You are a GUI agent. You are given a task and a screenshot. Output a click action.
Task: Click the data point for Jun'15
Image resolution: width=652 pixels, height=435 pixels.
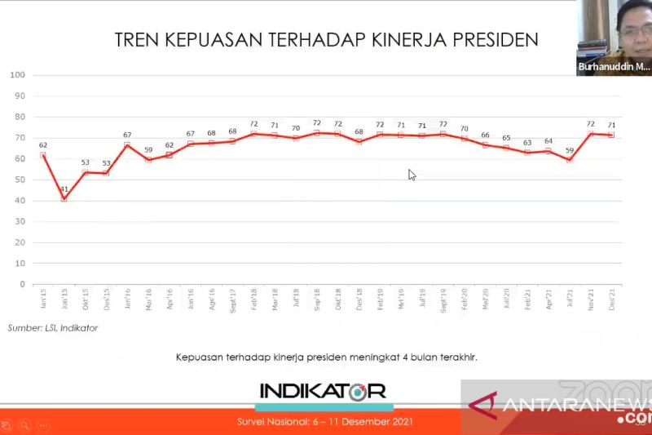64,198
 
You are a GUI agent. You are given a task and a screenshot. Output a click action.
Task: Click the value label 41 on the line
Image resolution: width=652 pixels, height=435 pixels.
64,189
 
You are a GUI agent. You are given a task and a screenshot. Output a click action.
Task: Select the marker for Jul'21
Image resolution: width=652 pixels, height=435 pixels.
570,160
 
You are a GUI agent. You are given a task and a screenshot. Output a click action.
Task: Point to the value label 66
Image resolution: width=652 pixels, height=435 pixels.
485,135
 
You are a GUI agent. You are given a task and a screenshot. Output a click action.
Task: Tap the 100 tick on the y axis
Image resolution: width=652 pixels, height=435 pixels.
16,75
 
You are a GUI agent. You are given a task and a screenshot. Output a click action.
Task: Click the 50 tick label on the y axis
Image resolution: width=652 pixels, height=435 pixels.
19,180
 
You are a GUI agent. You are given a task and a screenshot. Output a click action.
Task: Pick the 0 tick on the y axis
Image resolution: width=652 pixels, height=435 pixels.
23,285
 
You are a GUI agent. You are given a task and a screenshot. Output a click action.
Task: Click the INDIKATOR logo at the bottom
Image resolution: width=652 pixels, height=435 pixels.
324,392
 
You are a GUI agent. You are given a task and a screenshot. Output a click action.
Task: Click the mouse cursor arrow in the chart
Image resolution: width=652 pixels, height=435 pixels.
412,174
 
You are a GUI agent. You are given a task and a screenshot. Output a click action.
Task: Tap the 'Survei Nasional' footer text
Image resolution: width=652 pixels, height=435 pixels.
325,421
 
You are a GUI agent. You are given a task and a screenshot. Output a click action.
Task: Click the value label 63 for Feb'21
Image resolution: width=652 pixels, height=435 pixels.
527,143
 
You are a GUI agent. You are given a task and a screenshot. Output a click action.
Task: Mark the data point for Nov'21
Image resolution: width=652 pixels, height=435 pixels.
591,133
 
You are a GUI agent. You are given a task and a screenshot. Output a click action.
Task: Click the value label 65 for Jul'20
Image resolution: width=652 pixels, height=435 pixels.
506,138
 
